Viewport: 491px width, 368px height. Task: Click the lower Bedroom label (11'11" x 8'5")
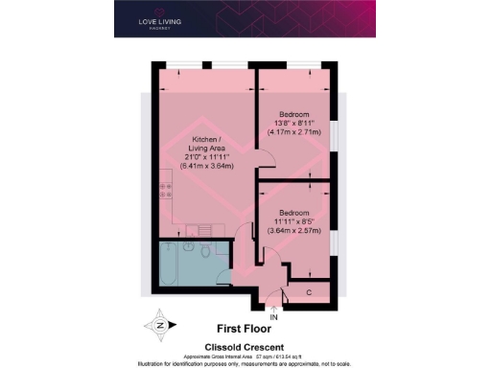click(x=295, y=212)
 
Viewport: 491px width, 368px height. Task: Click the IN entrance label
click(x=274, y=316)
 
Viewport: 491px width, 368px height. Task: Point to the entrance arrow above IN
click(x=274, y=306)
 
